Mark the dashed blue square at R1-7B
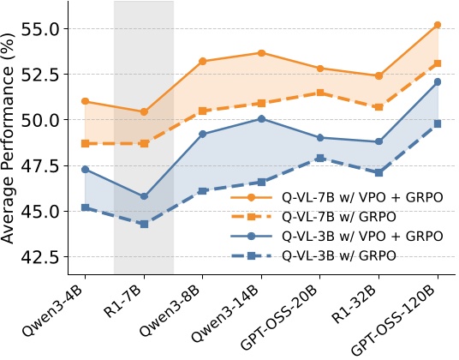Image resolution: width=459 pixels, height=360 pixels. click(x=144, y=224)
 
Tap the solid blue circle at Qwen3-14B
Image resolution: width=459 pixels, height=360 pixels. click(x=261, y=118)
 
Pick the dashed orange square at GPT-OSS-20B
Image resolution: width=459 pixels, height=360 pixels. click(x=320, y=93)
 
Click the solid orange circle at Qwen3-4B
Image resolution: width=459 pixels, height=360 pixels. click(x=85, y=101)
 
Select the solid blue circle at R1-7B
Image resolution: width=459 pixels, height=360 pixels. click(x=144, y=196)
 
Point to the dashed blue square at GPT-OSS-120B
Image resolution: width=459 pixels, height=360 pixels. click(x=438, y=123)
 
